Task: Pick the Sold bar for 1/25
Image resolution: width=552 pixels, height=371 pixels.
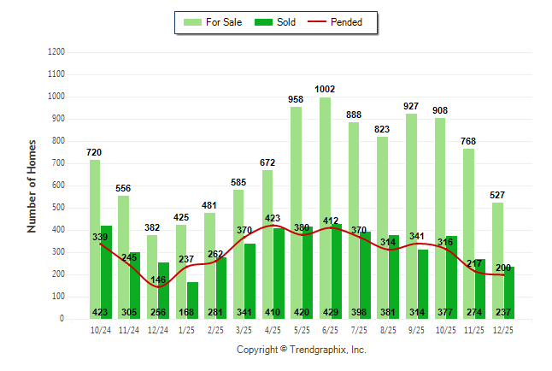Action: (x=193, y=295)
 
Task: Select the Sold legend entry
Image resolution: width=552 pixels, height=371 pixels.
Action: (x=276, y=22)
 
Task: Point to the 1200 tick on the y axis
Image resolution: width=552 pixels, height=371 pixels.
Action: (x=56, y=52)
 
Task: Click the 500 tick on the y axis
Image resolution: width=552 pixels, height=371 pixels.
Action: (x=59, y=208)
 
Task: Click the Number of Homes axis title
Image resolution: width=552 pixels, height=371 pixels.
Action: (x=32, y=185)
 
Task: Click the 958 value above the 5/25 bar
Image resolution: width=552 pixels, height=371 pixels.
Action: (x=296, y=99)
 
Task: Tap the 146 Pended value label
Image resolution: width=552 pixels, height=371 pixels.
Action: (x=157, y=280)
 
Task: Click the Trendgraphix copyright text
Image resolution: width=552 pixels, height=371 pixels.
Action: (x=301, y=350)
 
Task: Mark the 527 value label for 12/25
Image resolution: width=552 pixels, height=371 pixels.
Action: (x=497, y=195)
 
